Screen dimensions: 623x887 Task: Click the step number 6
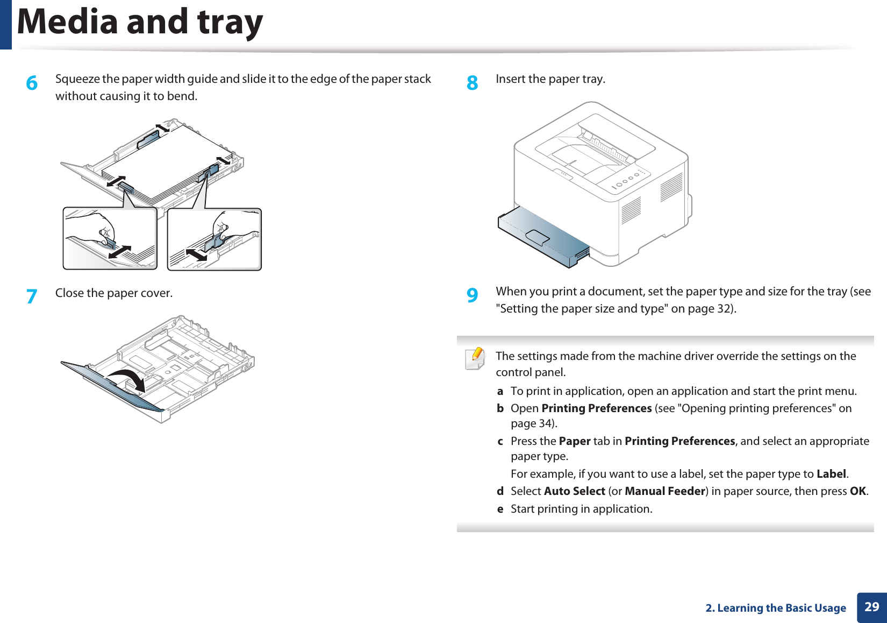(32, 83)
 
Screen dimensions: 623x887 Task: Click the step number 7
(32, 296)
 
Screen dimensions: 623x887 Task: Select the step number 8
(472, 83)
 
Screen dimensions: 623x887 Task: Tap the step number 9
(472, 295)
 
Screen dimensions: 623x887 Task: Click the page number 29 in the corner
(871, 607)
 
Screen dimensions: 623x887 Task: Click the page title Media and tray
(140, 23)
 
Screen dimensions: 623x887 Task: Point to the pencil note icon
(475, 358)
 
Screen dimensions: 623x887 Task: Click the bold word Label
(831, 474)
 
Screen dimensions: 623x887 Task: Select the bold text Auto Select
(574, 491)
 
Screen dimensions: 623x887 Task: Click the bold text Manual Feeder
(664, 491)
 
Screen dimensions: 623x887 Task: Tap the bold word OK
(857, 491)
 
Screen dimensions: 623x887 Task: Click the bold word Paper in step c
(575, 441)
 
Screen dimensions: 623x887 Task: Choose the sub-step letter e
(500, 509)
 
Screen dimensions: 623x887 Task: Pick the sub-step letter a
(500, 391)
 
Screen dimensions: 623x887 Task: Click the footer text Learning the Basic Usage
(781, 608)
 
